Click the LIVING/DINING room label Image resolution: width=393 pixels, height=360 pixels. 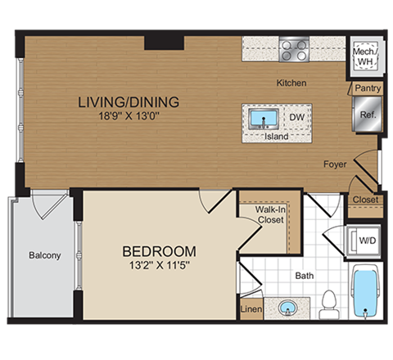(x=128, y=102)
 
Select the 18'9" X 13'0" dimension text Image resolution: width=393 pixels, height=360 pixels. (x=128, y=116)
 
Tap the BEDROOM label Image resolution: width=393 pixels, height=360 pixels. (x=159, y=250)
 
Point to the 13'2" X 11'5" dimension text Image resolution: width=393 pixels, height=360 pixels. (x=159, y=264)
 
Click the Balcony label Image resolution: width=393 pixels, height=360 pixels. (x=45, y=255)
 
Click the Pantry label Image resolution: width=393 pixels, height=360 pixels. (x=364, y=88)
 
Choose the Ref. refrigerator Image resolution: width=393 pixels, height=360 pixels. (x=366, y=114)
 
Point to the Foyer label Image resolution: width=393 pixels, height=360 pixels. (x=334, y=164)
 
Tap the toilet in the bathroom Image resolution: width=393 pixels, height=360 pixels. (x=330, y=301)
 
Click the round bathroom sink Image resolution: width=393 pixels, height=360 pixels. (x=287, y=308)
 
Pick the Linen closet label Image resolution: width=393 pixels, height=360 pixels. (x=251, y=309)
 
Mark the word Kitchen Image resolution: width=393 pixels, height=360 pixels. (x=291, y=83)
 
